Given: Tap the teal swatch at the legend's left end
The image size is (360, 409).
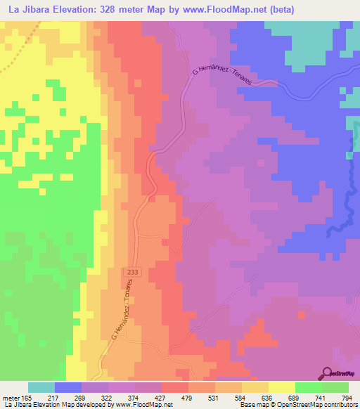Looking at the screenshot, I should pos(41,387).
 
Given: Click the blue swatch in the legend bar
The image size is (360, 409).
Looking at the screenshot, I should pos(68,387).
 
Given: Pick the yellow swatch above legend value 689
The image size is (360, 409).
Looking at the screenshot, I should pos(282,387).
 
